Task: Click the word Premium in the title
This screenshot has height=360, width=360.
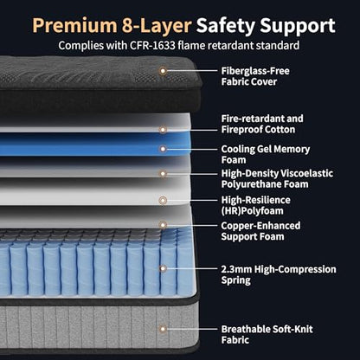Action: pos(74,26)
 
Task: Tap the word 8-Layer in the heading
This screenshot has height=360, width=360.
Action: pos(157,26)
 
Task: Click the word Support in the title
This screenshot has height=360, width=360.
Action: pos(298,27)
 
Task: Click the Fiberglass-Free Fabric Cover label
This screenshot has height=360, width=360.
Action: pos(255,76)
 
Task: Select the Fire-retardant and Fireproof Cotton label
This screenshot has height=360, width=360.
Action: pos(262,124)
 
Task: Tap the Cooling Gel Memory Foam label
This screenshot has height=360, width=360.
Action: pos(266,154)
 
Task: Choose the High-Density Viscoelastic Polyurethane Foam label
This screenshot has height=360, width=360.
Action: pos(277,179)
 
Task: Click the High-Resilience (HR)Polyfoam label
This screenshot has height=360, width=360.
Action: pos(255,205)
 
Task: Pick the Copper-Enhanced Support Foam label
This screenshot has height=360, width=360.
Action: pos(260,231)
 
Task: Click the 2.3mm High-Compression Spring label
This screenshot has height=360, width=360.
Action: pos(279,274)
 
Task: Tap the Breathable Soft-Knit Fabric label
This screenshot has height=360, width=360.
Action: pos(267,334)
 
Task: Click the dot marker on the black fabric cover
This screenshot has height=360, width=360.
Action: pos(163,70)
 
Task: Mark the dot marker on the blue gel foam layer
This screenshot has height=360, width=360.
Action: pos(163,149)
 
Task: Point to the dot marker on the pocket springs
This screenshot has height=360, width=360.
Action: pos(163,268)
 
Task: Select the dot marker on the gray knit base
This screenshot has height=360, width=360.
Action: pos(163,329)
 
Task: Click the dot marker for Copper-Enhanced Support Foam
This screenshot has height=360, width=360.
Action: pos(163,225)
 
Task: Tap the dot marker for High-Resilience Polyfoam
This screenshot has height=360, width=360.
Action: pos(163,200)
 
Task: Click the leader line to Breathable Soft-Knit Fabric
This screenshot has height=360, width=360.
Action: pos(192,329)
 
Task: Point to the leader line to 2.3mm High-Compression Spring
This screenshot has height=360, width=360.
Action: pos(192,268)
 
